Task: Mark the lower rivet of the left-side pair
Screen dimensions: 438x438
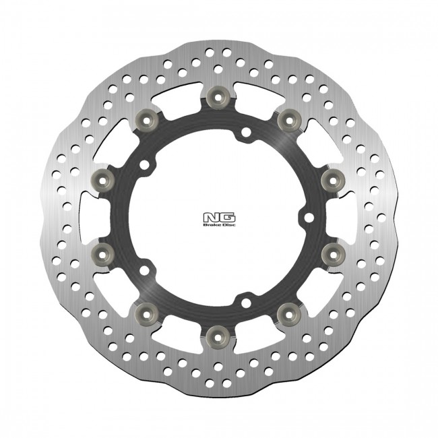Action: point(103,251)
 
